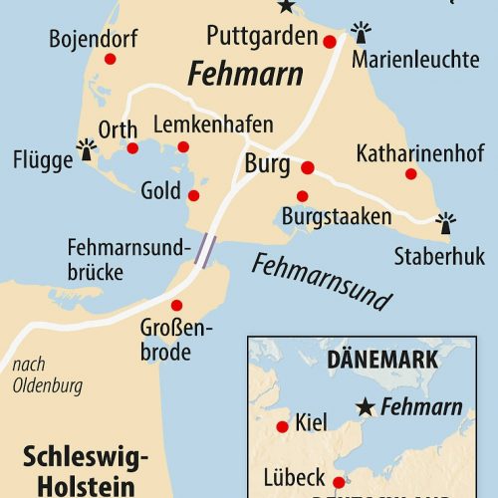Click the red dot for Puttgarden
click(330, 41)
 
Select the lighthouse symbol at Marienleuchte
click(361, 32)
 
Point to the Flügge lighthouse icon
click(89, 150)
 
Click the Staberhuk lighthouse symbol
click(447, 221)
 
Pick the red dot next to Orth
click(132, 148)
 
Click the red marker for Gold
click(193, 195)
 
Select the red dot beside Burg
click(308, 167)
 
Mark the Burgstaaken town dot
click(302, 196)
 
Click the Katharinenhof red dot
click(410, 174)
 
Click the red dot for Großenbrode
click(177, 306)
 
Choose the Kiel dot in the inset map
click(283, 426)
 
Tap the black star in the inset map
click(367, 406)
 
